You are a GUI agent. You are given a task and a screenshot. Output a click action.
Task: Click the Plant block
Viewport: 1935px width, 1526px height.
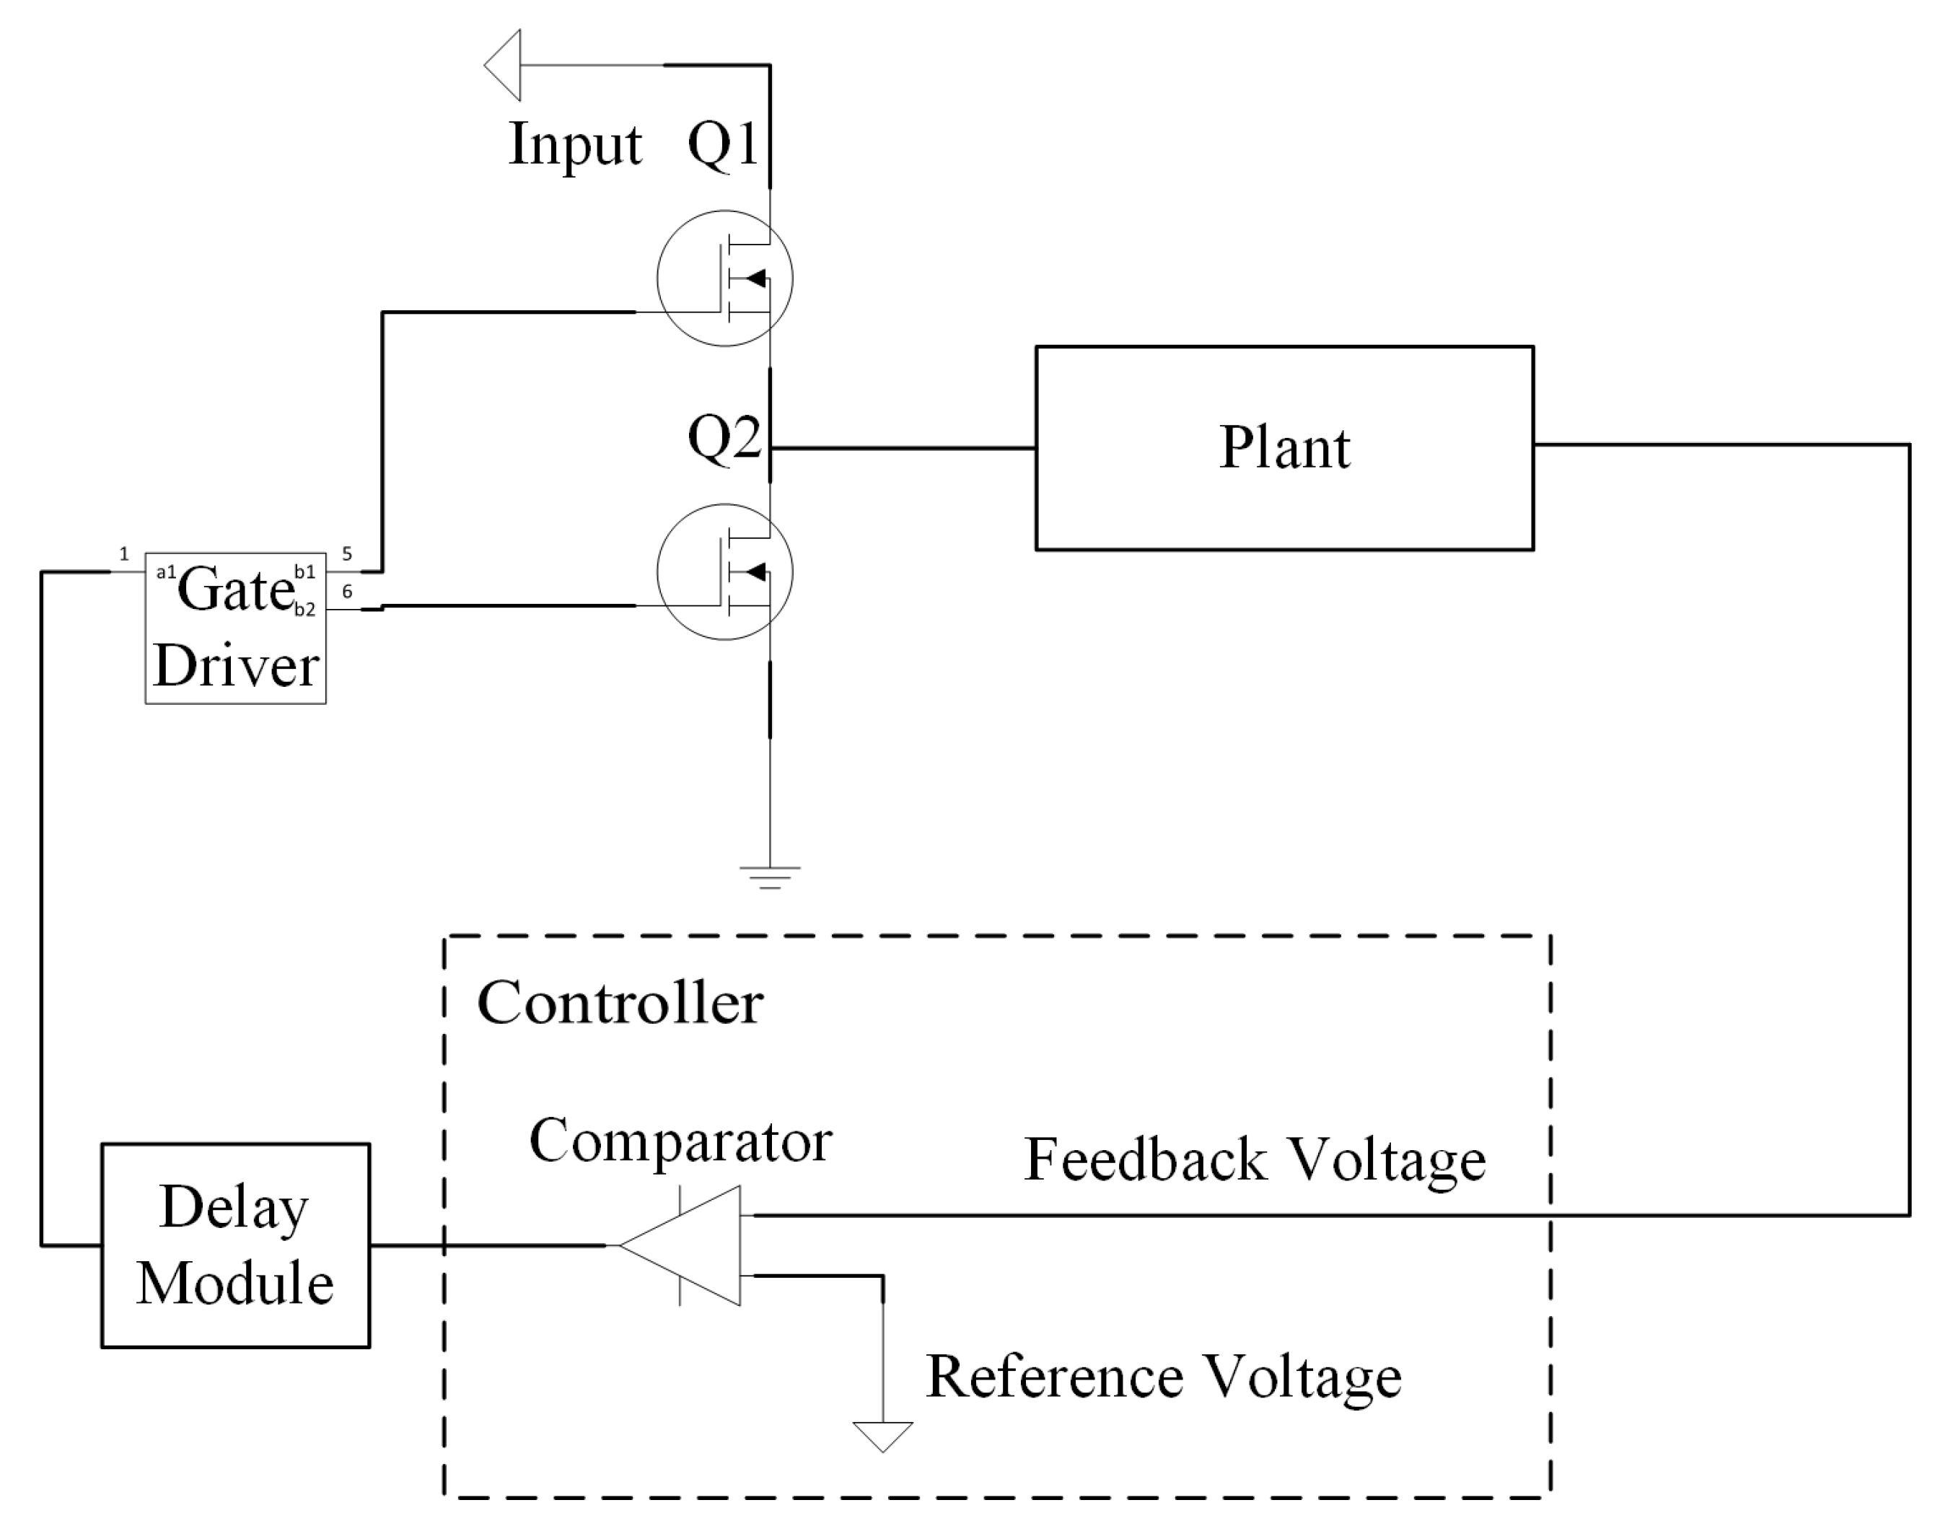pos(1284,447)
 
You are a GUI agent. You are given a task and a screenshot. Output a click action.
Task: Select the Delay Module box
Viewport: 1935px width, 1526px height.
pos(235,1245)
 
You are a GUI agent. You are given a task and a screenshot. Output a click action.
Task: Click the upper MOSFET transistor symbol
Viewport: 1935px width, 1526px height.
pos(724,278)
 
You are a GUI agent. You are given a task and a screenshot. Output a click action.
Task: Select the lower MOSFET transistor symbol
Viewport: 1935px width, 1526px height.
pos(724,572)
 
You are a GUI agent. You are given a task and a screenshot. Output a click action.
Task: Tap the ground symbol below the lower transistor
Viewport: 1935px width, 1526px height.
pos(770,877)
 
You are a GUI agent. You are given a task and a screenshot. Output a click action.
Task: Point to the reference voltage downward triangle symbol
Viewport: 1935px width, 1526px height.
pos(882,1436)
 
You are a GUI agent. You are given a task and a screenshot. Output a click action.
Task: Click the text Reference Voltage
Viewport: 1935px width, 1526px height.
pos(1163,1377)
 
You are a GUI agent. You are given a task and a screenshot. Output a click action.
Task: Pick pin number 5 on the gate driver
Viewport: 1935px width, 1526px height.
pos(348,554)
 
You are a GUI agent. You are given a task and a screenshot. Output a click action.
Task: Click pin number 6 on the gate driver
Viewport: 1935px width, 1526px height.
pos(348,592)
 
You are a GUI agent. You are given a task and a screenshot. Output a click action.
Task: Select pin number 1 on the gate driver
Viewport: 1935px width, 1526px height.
pos(124,554)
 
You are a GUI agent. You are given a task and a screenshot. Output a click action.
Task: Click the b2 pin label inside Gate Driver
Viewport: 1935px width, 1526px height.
pos(304,610)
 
